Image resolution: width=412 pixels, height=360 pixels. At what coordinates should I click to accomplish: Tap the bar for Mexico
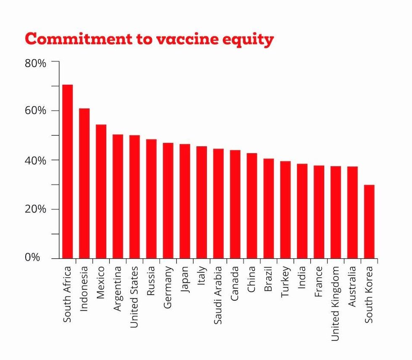pos(101,191)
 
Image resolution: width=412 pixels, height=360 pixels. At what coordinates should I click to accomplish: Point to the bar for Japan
pos(185,201)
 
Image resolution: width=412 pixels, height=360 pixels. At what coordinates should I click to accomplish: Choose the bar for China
pos(252,205)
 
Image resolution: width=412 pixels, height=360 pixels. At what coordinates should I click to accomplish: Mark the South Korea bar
pos(369,221)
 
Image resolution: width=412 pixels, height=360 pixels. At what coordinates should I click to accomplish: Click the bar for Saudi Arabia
pos(218,203)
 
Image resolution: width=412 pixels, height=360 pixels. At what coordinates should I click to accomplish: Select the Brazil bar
pos(269,208)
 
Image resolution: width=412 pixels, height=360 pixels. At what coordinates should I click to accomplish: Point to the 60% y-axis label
pos(35,111)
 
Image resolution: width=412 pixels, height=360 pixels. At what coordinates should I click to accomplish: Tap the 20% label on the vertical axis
pos(35,209)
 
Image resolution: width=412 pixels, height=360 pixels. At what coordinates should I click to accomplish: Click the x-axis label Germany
pos(168,287)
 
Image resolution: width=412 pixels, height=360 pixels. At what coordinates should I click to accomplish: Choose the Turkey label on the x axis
pos(285,281)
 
